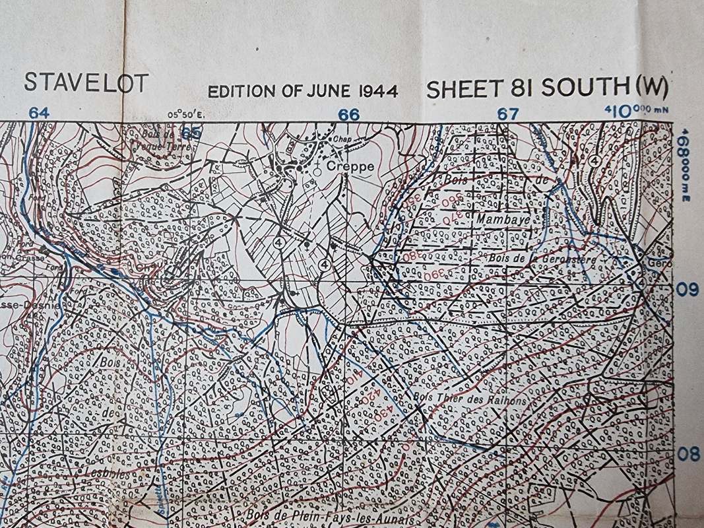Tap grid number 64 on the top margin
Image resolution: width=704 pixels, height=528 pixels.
(x=39, y=113)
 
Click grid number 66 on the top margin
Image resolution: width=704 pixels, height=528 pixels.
(x=348, y=114)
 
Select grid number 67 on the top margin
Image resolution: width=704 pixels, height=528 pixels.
(x=507, y=114)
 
